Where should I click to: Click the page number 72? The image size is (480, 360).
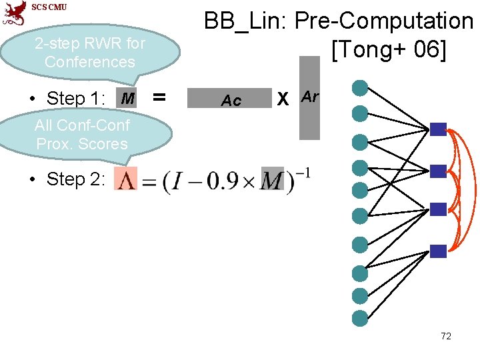coord(446,336)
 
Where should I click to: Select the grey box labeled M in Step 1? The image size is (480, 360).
coord(127,99)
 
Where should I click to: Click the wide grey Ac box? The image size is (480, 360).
coord(231,100)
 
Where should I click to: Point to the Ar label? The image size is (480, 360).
coord(310,97)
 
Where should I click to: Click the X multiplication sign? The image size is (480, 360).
coord(283,99)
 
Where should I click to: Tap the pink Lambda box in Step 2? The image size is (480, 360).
coord(125,180)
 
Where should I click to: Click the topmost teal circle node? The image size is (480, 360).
coord(360,87)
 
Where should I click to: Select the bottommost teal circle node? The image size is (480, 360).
coord(360,317)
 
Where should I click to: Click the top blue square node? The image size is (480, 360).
coord(438,129)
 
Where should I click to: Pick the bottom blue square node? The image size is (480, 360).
coord(438,251)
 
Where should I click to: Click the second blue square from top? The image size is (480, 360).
coord(438,171)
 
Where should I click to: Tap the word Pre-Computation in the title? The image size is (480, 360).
coord(383,21)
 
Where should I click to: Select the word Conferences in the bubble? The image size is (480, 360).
coord(89,62)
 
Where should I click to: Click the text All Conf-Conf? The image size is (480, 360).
coord(82,125)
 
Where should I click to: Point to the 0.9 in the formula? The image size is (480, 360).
coord(221,181)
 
